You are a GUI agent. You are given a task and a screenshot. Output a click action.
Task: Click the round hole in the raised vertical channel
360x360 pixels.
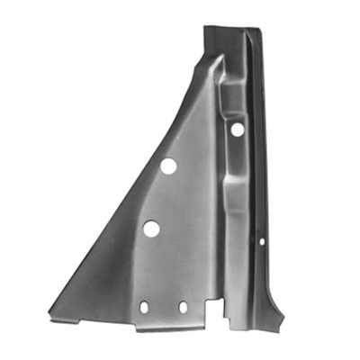click(x=237, y=130)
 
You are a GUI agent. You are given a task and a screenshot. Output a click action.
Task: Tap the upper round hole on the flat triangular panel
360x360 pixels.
click(x=168, y=166)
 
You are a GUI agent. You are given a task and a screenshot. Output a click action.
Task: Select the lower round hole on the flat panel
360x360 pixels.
click(x=151, y=229)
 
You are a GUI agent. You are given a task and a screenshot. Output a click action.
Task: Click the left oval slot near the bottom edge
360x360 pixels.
click(x=143, y=307)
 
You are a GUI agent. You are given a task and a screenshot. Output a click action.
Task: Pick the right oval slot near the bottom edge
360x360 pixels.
click(x=183, y=307)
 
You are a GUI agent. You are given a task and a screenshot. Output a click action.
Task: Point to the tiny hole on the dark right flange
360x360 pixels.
click(x=262, y=241)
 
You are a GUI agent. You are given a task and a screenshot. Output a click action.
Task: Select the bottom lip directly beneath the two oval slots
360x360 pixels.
click(x=164, y=328)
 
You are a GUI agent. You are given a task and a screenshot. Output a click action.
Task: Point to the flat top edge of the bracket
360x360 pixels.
click(x=229, y=29)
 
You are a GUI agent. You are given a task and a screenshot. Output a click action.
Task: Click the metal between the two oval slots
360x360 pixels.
click(x=163, y=307)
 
